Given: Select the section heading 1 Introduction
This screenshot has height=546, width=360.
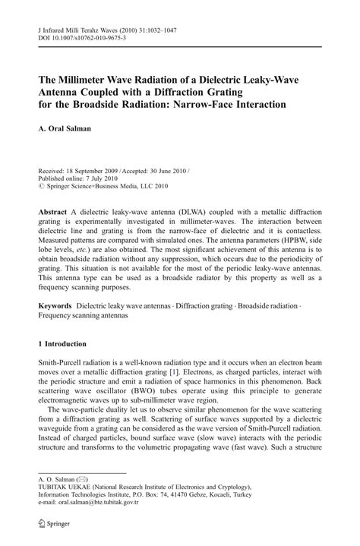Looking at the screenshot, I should (65, 344).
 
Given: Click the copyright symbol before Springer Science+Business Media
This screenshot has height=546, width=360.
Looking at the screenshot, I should (41, 187).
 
